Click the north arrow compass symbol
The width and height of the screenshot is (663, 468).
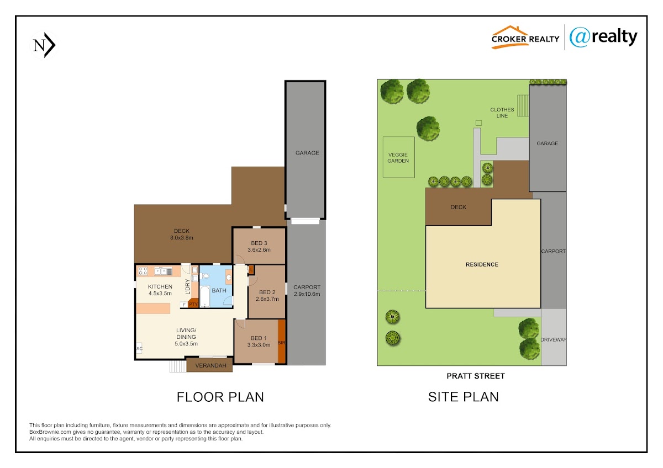(44, 45)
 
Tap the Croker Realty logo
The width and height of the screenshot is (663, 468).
(525, 37)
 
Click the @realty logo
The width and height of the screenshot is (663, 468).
(603, 37)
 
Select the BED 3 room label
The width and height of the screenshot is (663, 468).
(259, 247)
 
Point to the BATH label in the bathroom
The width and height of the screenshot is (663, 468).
(219, 291)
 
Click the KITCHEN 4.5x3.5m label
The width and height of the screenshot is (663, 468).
(160, 290)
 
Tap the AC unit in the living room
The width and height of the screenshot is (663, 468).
(139, 349)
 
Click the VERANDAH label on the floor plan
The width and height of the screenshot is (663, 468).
(211, 366)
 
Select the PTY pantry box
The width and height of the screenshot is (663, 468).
(193, 304)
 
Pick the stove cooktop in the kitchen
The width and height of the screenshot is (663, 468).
(143, 271)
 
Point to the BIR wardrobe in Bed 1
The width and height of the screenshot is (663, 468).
(282, 342)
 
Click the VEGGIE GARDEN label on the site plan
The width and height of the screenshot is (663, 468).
(398, 158)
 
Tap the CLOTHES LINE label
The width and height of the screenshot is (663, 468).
(502, 113)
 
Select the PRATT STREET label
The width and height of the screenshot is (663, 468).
(476, 376)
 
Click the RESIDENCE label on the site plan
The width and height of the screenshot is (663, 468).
(482, 264)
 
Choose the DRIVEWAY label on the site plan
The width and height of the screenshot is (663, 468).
(554, 340)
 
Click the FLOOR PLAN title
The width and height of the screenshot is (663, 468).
(220, 397)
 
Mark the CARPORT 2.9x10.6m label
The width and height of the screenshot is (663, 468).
(307, 291)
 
